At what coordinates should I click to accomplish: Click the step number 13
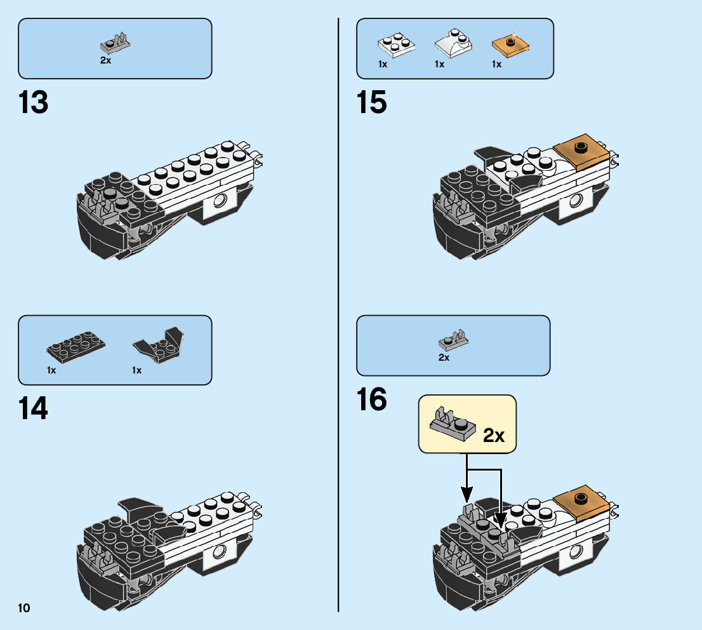tap(34, 102)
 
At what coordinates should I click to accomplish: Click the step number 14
tap(34, 408)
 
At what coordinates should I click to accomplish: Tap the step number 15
tap(372, 102)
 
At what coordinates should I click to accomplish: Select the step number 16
tap(372, 401)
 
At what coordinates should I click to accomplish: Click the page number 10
tap(24, 608)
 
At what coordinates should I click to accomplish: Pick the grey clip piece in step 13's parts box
tap(115, 43)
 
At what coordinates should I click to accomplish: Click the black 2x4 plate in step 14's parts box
tap(76, 345)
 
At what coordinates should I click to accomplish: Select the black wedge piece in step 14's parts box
tap(157, 345)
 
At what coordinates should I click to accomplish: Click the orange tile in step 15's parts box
tap(510, 44)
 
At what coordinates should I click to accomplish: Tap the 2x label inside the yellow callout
tap(493, 436)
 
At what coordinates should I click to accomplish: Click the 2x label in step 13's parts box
tap(105, 60)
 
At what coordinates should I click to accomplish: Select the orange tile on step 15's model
tap(579, 150)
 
